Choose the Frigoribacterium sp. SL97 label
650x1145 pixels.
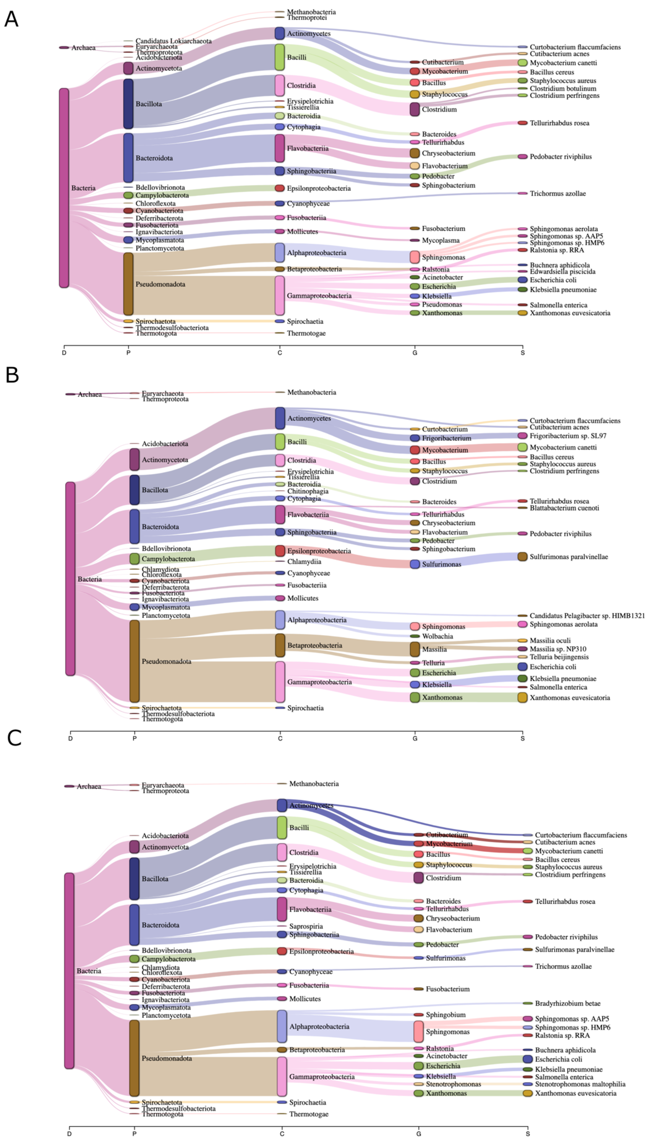pyautogui.click(x=568, y=435)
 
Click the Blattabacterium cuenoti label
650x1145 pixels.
pyautogui.click(x=564, y=508)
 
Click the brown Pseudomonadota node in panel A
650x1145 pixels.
pyautogui.click(x=128, y=284)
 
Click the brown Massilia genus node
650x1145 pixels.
pyautogui.click(x=415, y=649)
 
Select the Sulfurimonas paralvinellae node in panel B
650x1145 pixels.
pyautogui.click(x=522, y=556)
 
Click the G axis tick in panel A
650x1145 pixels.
pyautogui.click(x=415, y=353)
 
